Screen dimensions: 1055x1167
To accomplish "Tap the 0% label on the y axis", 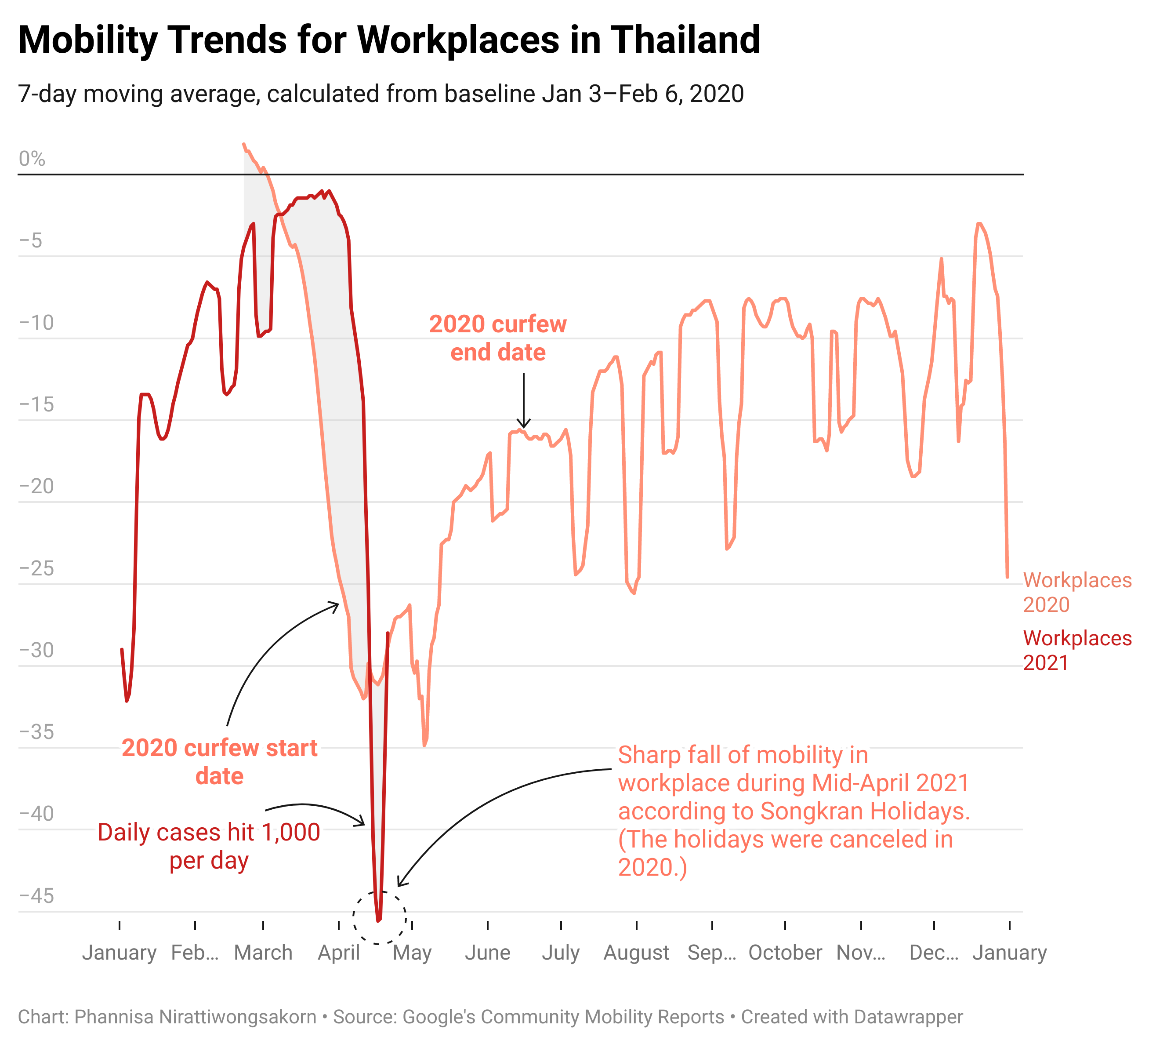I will (32, 159).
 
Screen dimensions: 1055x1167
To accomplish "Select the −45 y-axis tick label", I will (37, 896).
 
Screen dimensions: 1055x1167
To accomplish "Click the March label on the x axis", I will (263, 953).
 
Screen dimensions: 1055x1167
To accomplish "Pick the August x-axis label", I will (636, 953).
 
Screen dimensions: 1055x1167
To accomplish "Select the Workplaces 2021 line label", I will (1076, 650).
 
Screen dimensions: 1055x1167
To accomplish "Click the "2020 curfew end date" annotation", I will (498, 338).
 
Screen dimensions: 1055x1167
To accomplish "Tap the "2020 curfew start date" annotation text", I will (219, 762).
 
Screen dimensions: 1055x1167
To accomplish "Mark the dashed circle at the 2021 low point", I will (379, 918).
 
